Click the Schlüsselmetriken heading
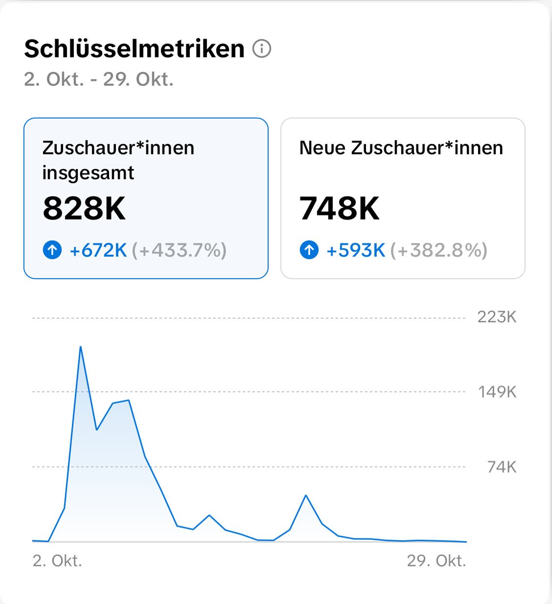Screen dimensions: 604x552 click(x=134, y=49)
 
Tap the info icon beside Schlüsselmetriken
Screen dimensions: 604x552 click(x=262, y=49)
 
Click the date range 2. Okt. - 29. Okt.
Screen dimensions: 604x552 click(x=99, y=79)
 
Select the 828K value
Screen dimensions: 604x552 click(x=84, y=209)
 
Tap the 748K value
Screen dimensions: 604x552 click(x=340, y=209)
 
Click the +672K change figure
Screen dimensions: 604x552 click(x=98, y=250)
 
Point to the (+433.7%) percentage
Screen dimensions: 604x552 click(x=179, y=250)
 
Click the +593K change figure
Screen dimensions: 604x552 click(x=356, y=250)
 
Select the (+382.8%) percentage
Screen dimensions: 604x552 click(x=438, y=250)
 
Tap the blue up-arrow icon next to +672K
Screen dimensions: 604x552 click(x=52, y=250)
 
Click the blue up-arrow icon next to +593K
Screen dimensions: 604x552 click(x=309, y=250)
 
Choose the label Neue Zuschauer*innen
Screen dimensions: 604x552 click(x=401, y=148)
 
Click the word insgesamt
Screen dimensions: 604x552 click(x=88, y=173)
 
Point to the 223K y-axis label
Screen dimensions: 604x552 click(x=497, y=317)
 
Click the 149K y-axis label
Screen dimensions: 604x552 click(x=497, y=392)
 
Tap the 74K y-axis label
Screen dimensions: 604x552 click(x=502, y=467)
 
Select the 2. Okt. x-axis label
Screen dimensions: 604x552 click(x=57, y=560)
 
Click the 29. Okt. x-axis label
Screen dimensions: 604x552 click(x=436, y=560)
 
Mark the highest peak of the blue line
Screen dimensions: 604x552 click(x=80, y=347)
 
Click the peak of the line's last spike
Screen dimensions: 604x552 click(x=306, y=495)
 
